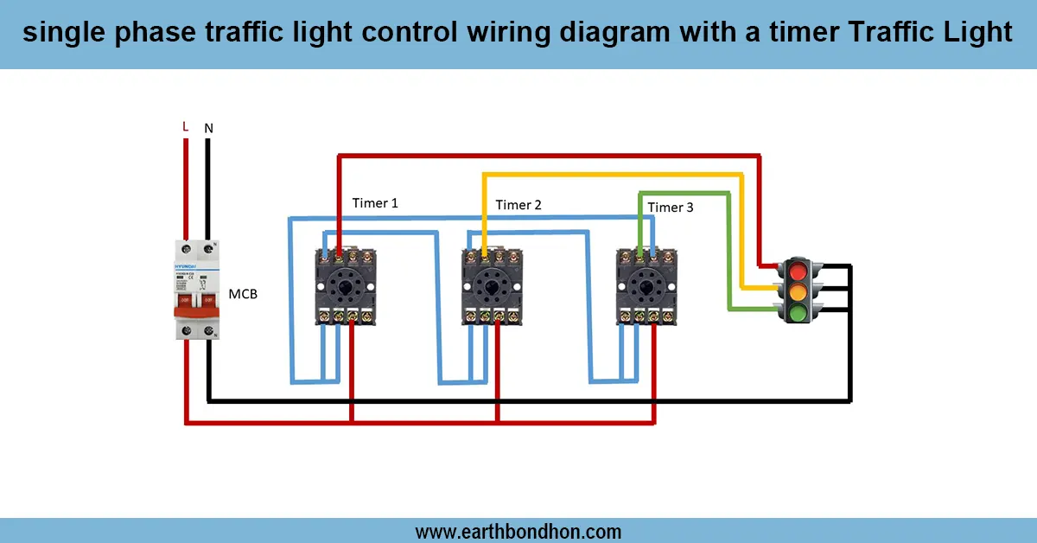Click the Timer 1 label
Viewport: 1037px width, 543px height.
click(x=375, y=203)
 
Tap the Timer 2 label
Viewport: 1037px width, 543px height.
click(x=518, y=205)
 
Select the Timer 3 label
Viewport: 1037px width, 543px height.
click(x=671, y=208)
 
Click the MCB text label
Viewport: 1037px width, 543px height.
click(x=243, y=294)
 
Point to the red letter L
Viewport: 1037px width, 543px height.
click(x=185, y=127)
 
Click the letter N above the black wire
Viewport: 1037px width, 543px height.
click(x=208, y=128)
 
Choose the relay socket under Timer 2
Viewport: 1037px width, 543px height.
click(x=491, y=286)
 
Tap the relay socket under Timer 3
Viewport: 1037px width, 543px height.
click(x=646, y=286)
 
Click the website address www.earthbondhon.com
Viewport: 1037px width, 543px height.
click(x=518, y=531)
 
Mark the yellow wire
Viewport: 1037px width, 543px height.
click(x=605, y=175)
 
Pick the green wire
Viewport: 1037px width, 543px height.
click(x=683, y=192)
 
